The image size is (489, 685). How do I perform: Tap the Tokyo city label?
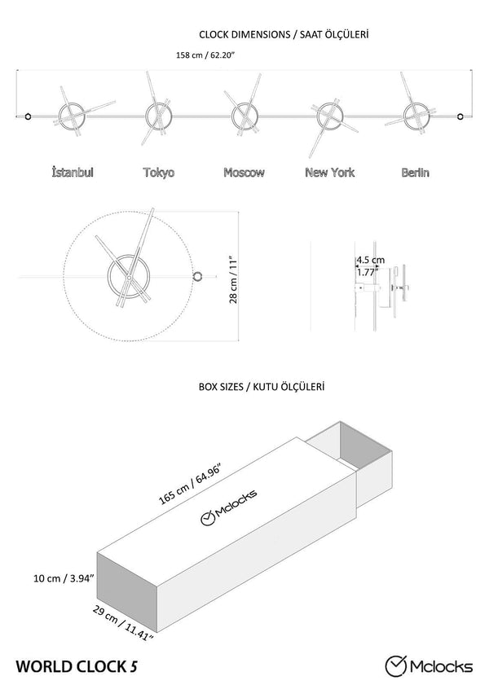click(x=158, y=173)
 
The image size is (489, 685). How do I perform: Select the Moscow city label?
click(x=244, y=173)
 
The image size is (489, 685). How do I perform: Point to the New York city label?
click(x=329, y=173)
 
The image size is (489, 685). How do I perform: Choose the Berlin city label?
click(x=416, y=173)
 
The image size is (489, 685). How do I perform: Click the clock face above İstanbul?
click(x=70, y=116)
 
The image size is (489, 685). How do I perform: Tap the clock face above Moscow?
click(x=244, y=116)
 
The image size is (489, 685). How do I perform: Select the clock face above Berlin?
click(x=414, y=116)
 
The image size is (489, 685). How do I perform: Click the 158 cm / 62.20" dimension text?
click(x=205, y=56)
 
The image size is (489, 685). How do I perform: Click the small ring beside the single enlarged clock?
click(x=197, y=277)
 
